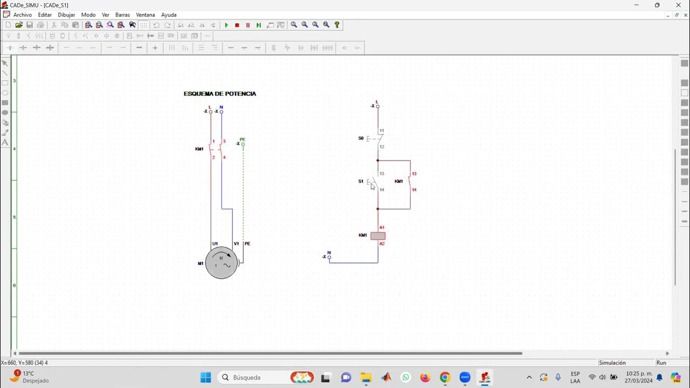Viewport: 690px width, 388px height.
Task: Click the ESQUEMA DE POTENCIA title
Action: tap(220, 94)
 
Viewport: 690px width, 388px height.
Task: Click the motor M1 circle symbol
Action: tap(221, 263)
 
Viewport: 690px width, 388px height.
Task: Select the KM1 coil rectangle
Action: tap(378, 235)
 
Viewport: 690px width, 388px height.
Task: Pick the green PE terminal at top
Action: tap(243, 144)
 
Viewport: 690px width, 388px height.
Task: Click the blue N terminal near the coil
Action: tap(329, 257)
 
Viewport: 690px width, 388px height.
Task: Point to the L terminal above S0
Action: tap(377, 106)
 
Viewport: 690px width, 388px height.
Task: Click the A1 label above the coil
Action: tap(382, 227)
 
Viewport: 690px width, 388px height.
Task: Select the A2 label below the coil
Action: tap(382, 244)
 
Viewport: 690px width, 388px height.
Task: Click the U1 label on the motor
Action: tap(215, 244)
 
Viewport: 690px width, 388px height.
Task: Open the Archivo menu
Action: tap(22, 15)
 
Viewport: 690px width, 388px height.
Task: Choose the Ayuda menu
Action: tap(169, 15)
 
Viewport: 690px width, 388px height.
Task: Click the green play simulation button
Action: tap(226, 25)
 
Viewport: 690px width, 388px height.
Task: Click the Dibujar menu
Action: tap(66, 15)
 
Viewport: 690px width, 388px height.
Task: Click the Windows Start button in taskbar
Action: tap(205, 377)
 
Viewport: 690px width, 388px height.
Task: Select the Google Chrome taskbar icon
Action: tap(445, 377)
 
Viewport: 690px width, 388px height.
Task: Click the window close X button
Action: tap(678, 5)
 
